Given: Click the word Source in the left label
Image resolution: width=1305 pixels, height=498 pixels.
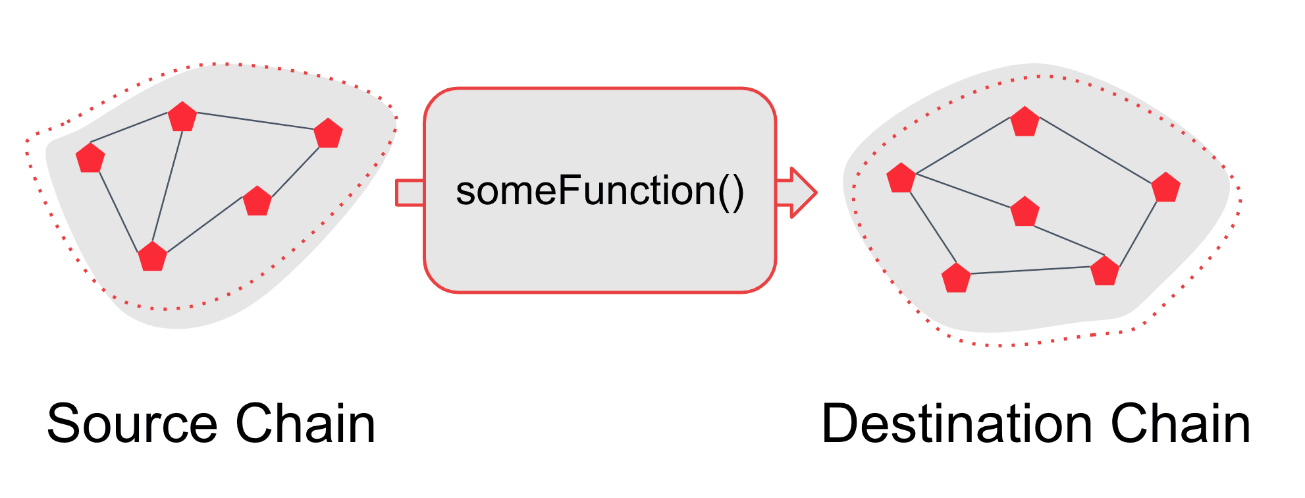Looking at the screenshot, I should [x=132, y=424].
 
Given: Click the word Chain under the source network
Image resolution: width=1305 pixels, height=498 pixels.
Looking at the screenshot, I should [x=306, y=424].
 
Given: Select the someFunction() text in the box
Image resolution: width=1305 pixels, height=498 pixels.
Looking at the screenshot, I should [x=600, y=191].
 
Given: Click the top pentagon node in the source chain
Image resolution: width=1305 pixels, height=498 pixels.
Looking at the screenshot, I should [x=182, y=117].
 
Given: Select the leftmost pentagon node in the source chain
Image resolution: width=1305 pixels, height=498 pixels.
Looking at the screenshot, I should [x=90, y=159].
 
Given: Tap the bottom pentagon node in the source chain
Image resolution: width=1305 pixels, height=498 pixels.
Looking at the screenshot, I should [x=153, y=257].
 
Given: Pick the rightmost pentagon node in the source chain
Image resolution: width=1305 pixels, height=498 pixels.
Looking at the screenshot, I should [x=328, y=134].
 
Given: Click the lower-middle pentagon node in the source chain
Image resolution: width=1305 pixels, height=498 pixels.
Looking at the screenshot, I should [x=257, y=202].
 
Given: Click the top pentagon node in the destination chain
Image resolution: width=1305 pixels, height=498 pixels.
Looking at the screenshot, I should [x=1025, y=123].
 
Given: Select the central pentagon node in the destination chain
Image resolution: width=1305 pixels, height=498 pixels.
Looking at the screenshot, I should [x=1025, y=213].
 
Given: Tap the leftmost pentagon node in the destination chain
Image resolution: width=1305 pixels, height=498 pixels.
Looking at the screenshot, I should [x=901, y=179].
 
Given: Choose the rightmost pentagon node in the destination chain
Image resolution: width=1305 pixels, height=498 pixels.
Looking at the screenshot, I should [x=1165, y=188].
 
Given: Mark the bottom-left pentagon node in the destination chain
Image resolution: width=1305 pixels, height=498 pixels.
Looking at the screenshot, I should [x=956, y=279].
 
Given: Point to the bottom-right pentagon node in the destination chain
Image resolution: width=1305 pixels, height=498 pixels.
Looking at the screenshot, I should [x=1105, y=271].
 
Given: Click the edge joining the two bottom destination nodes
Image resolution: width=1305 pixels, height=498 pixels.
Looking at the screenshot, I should [x=1030, y=270].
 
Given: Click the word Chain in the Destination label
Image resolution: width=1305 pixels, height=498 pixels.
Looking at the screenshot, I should [x=1180, y=424].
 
